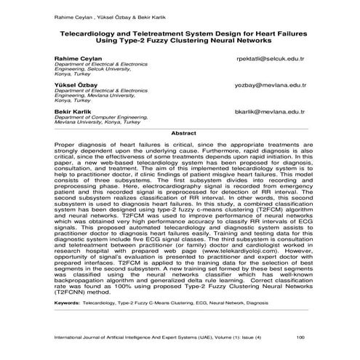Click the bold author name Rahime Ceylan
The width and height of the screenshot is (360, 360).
click(74, 57)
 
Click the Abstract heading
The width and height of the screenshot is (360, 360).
click(179, 133)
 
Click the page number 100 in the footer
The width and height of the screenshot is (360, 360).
click(300, 338)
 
